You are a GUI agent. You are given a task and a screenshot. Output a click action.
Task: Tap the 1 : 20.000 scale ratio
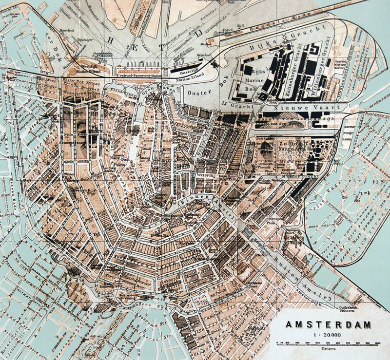coord(327,335)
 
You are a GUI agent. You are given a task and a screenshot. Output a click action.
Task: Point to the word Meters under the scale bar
coord(327,349)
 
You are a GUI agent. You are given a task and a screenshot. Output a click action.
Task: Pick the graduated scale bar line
coord(327,342)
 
